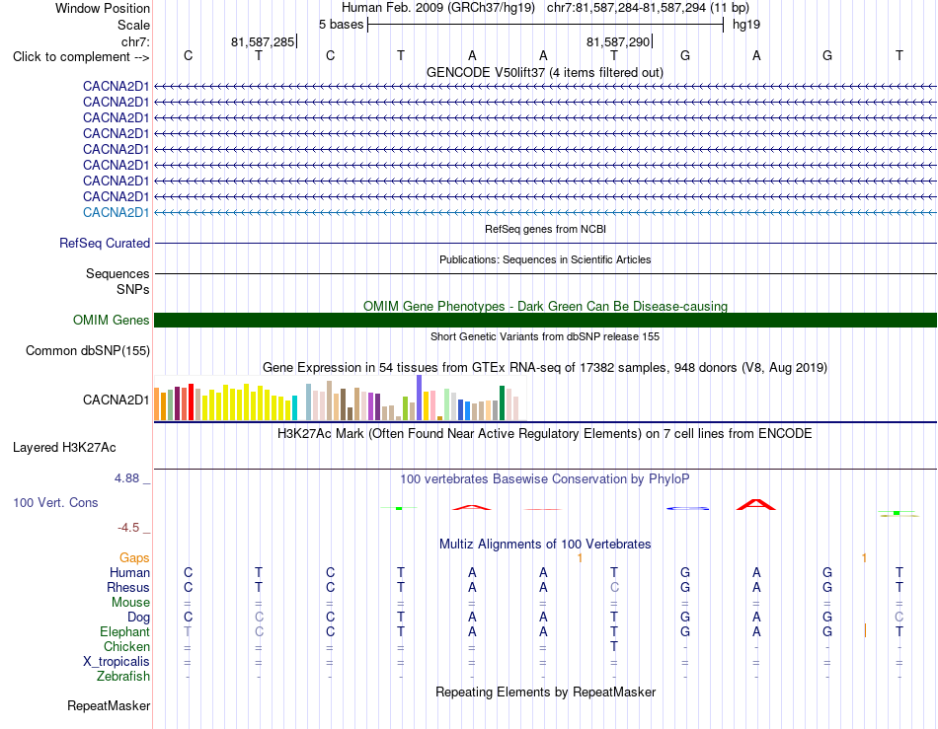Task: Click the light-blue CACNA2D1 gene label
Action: click(117, 213)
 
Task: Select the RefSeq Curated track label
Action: click(105, 244)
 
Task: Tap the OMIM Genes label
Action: click(112, 321)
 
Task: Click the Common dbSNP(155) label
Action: click(88, 351)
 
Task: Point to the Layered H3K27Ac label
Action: click(64, 448)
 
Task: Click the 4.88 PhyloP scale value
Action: click(126, 478)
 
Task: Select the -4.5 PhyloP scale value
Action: click(128, 528)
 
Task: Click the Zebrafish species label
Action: click(123, 677)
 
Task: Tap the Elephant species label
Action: click(125, 631)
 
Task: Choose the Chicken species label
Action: click(126, 646)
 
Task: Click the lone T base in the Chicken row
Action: click(614, 646)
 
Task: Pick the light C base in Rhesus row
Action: click(614, 587)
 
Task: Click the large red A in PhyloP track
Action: click(756, 504)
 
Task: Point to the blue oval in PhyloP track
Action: click(688, 508)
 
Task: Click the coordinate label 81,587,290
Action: click(618, 41)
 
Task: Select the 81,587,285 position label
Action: click(263, 41)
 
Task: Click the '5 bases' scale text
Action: click(341, 25)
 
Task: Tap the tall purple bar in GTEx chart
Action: click(420, 398)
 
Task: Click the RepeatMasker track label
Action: click(109, 705)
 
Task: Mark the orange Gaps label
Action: click(134, 558)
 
